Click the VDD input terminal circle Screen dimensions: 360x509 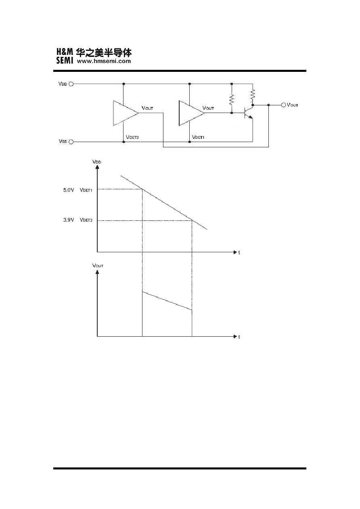click(71, 84)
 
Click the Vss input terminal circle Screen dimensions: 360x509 click(71, 142)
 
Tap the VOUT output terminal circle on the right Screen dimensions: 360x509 click(283, 105)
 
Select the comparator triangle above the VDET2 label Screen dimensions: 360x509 click(126, 113)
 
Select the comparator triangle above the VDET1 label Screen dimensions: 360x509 click(191, 113)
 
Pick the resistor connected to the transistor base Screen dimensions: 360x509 click(231, 100)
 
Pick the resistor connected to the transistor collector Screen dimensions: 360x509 click(253, 94)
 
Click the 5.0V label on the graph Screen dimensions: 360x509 click(69, 190)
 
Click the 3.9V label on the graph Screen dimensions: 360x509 click(69, 220)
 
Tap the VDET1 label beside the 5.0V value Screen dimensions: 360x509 click(86, 190)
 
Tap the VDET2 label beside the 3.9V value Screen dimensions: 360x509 click(86, 220)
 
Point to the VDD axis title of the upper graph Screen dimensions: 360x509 click(97, 162)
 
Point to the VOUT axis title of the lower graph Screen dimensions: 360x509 click(98, 266)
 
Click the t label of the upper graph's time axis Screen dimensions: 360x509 click(239, 252)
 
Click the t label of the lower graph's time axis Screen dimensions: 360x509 click(239, 337)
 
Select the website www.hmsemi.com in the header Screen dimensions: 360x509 click(104, 61)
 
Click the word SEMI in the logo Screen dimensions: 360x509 click(65, 60)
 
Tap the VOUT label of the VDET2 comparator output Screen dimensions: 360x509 click(147, 108)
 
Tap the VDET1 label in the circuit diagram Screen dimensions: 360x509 click(198, 137)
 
